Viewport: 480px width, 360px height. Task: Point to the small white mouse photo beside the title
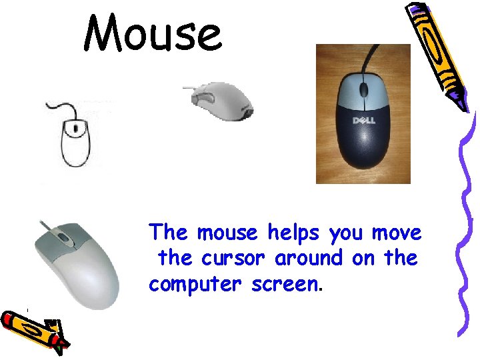(221, 103)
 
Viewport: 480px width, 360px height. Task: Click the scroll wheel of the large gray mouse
(63, 237)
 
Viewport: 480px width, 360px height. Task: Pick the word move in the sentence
(397, 233)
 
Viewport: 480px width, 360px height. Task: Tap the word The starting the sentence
(169, 233)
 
